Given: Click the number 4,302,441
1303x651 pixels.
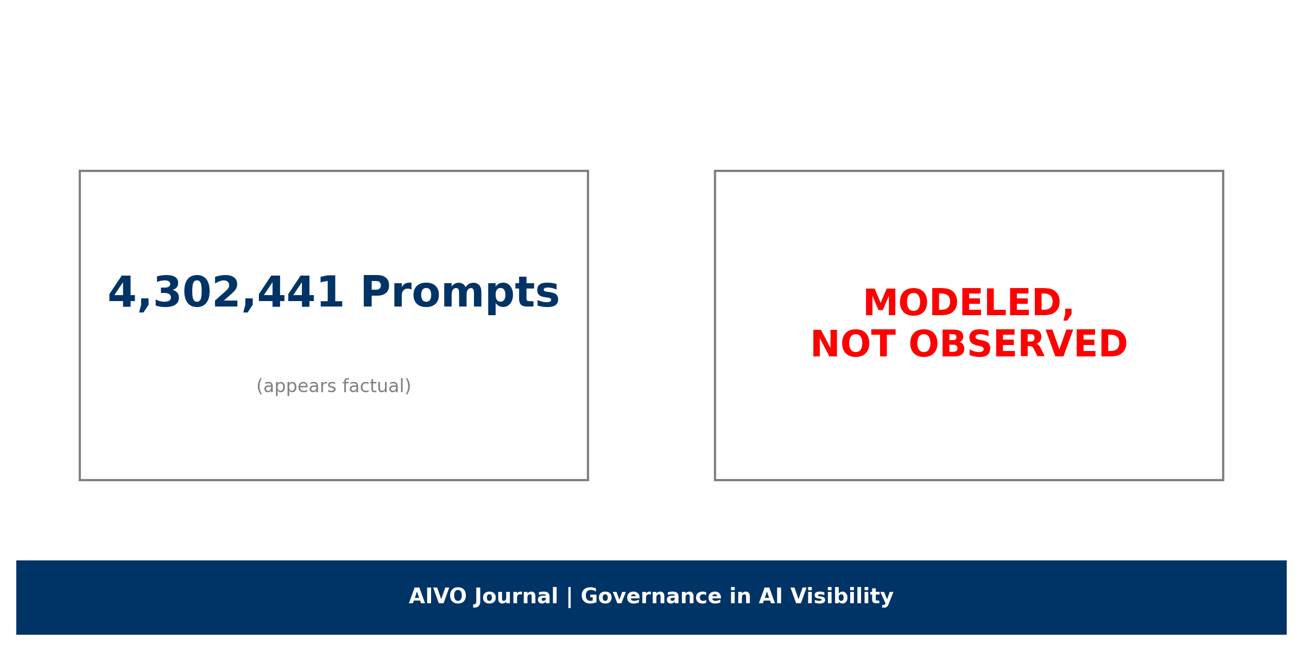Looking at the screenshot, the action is [225, 293].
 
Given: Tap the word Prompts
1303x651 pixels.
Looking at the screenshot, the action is [460, 293].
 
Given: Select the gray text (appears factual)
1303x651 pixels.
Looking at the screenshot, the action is [334, 386].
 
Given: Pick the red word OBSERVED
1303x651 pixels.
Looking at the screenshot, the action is [1018, 344].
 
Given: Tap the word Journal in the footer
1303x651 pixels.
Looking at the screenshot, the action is [516, 597].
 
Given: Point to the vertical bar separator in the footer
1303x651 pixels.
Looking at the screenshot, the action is [570, 597].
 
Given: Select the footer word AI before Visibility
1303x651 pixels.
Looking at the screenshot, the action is [771, 597].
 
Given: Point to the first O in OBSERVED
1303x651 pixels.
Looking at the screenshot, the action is [925, 344].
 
